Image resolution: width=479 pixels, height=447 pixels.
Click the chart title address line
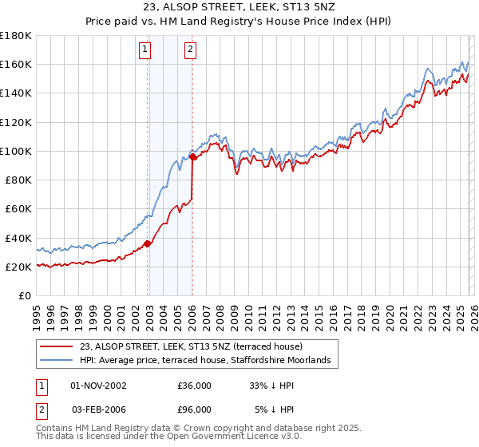239,8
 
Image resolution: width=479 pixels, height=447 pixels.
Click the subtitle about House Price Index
239,22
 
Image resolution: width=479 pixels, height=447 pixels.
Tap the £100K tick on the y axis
17,151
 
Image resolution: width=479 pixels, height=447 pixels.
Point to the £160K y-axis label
17,64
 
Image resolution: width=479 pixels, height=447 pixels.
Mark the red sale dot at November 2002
147,243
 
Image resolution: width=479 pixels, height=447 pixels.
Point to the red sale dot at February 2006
192,157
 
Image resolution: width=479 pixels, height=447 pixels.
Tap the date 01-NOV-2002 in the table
98,386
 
